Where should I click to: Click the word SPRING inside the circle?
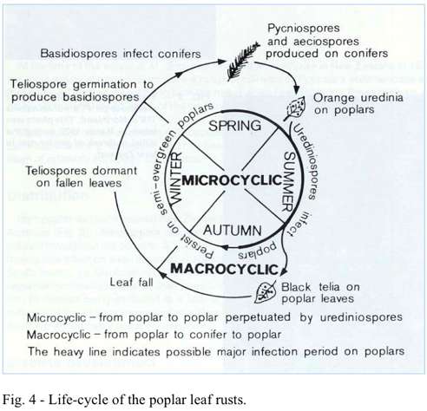click(x=234, y=126)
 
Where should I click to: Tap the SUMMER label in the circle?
click(x=288, y=181)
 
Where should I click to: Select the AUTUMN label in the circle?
click(x=233, y=231)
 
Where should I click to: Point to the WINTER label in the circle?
click(x=176, y=178)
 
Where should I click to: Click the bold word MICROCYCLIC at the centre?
click(x=232, y=180)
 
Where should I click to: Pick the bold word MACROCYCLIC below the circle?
click(x=224, y=269)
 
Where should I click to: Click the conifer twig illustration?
click(x=242, y=61)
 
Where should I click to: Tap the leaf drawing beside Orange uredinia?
click(x=295, y=108)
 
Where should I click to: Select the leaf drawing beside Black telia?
click(x=265, y=292)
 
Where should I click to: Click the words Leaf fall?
click(x=131, y=282)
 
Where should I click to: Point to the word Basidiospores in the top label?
click(x=79, y=54)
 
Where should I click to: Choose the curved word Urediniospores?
click(x=306, y=160)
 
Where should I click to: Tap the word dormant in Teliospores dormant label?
click(x=115, y=171)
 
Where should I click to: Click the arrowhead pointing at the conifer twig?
click(x=222, y=62)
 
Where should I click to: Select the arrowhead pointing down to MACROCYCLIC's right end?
click(x=284, y=271)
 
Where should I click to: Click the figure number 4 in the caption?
click(x=32, y=400)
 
